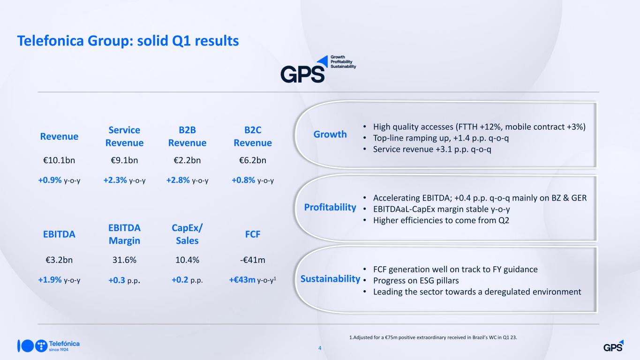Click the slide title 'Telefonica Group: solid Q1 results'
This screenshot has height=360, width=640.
(128, 41)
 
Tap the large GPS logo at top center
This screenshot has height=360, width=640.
(318, 69)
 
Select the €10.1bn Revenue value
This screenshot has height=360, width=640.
(59, 160)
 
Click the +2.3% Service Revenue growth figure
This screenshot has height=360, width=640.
(115, 180)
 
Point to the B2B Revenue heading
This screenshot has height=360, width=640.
(187, 136)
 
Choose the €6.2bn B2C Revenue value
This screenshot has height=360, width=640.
(253, 160)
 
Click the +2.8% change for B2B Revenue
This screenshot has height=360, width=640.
(178, 180)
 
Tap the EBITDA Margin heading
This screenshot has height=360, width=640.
(124, 234)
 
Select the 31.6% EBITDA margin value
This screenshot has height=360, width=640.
(124, 260)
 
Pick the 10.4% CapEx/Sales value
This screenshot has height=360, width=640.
(187, 260)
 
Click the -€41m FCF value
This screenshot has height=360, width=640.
(253, 260)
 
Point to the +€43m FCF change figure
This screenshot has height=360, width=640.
(242, 280)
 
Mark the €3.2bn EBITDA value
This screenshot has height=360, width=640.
(59, 260)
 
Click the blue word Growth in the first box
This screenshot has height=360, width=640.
(330, 134)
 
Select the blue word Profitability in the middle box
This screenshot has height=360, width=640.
(330, 207)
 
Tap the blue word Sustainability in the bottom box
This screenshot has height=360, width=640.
(330, 278)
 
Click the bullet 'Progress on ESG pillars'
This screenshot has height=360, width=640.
(416, 281)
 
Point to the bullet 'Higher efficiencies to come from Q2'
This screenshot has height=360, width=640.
(441, 220)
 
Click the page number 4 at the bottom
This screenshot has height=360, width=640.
(320, 348)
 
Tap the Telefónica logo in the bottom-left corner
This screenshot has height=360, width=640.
(49, 346)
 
